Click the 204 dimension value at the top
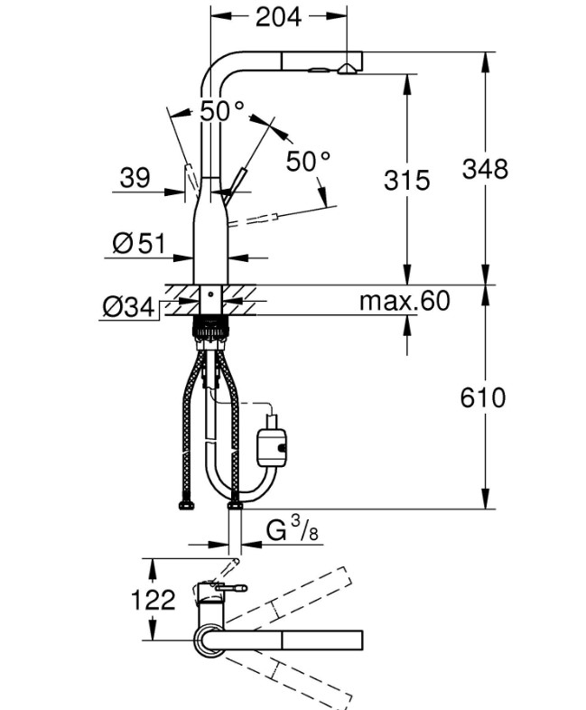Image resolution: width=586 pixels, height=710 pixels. (x=278, y=18)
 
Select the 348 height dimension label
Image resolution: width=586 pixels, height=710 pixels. (x=485, y=169)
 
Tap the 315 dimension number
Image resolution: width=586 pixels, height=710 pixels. (x=407, y=180)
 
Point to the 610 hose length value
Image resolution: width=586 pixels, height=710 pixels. (x=483, y=398)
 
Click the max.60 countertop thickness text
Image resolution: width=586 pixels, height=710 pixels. (x=405, y=301)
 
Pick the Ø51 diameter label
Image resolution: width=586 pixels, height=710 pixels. (x=139, y=244)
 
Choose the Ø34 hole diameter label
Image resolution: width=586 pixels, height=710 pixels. (x=129, y=308)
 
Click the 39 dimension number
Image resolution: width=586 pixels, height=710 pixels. (x=135, y=177)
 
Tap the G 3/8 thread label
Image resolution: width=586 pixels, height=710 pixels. (x=292, y=529)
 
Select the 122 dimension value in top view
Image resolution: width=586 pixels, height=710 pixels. (x=153, y=600)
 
